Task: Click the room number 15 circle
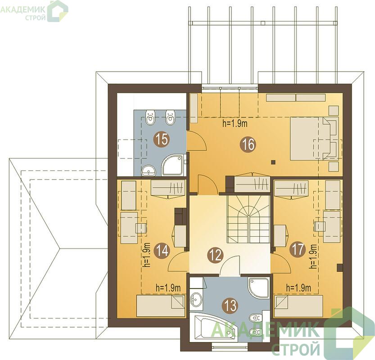(x=162, y=139)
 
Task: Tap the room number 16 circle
(x=248, y=144)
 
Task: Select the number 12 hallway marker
(x=216, y=255)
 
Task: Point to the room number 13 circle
(x=230, y=306)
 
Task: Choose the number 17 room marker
(x=297, y=250)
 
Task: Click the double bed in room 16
(x=315, y=139)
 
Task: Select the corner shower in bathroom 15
(x=174, y=165)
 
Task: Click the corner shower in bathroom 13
(x=258, y=288)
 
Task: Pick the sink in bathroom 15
(x=149, y=171)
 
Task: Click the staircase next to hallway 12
(x=248, y=219)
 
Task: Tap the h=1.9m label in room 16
(x=235, y=124)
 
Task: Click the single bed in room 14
(x=161, y=306)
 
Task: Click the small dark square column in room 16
(x=273, y=162)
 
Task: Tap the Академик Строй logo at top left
(x=34, y=11)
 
